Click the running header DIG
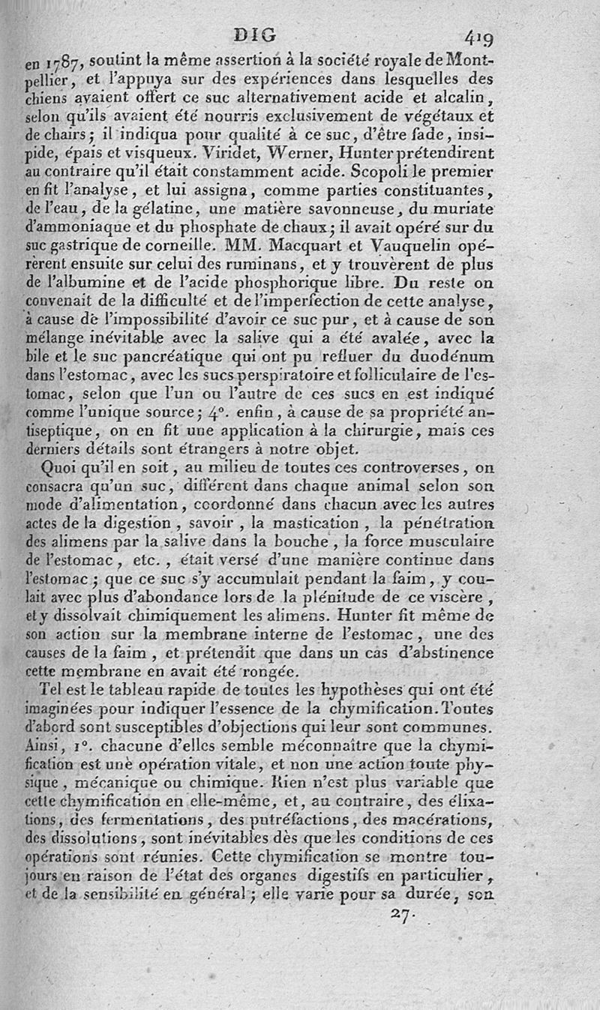[x=255, y=34]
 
